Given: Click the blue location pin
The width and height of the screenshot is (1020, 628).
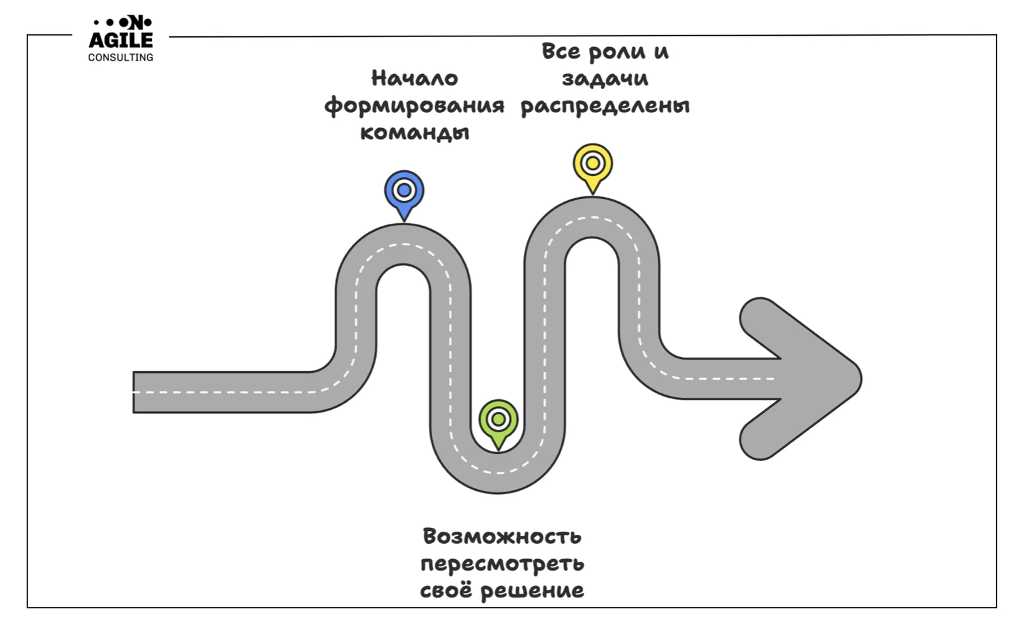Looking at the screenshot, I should (x=404, y=192).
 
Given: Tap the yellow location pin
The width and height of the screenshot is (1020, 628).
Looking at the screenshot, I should (x=592, y=165).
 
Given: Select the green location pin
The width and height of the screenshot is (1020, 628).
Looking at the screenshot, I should (x=498, y=421).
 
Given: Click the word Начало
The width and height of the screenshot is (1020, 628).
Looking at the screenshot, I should (x=414, y=78).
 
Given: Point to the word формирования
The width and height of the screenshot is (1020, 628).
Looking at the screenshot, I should (x=414, y=106).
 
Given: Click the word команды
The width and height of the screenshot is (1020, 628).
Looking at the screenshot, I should (x=414, y=133).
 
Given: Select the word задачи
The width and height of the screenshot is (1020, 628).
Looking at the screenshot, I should (x=604, y=79).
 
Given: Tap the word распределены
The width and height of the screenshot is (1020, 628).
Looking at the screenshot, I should (x=604, y=106).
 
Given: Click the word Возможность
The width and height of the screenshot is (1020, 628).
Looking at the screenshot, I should (x=502, y=536).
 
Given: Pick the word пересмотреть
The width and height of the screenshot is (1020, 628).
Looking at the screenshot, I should (x=502, y=564).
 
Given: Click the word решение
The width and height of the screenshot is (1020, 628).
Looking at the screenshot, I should (x=532, y=591).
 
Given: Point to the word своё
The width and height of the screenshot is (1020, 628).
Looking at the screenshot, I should (x=446, y=590).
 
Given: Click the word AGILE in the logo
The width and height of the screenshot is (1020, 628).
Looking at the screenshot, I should (x=120, y=40).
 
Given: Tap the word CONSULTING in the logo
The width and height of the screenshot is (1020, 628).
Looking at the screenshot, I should (x=120, y=57).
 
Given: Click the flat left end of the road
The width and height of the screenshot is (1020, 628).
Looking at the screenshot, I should (x=136, y=392).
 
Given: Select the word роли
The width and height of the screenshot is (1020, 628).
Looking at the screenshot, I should (x=615, y=52).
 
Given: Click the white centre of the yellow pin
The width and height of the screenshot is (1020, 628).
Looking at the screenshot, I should (x=592, y=163).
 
